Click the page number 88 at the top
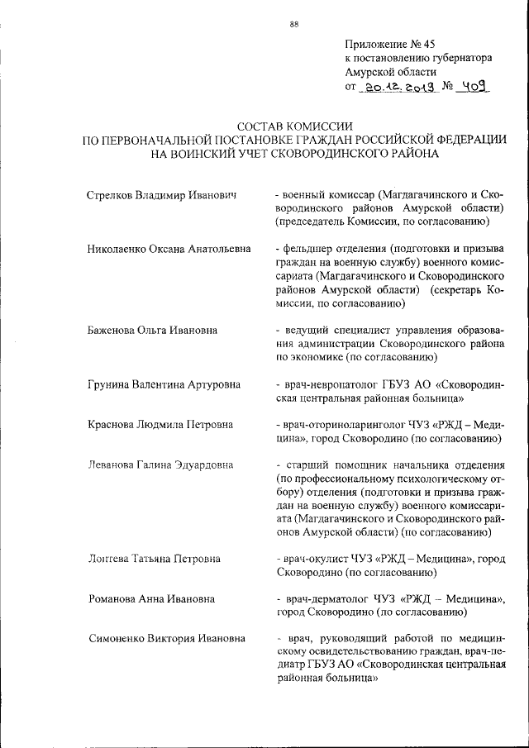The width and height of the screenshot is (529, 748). click(x=293, y=24)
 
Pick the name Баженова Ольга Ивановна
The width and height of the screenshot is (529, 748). click(x=152, y=330)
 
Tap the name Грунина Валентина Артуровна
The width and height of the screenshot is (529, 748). click(x=164, y=384)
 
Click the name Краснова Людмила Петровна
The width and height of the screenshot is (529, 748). click(x=160, y=425)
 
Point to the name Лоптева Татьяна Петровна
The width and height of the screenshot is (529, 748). click(x=154, y=559)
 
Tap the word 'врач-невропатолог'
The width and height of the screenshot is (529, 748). click(x=328, y=384)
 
